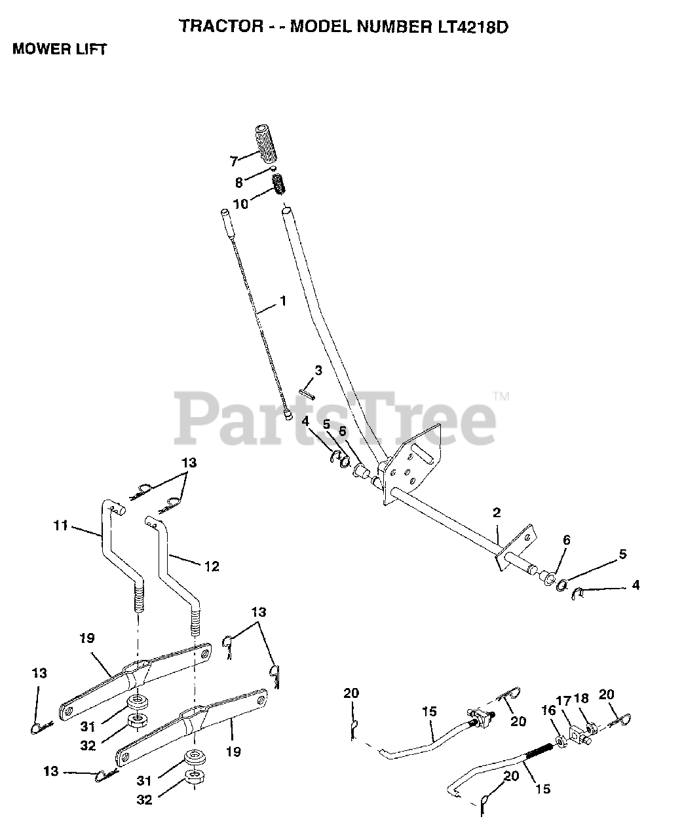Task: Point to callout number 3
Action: pos(318,371)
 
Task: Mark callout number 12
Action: pos(212,566)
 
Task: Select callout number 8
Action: pos(238,184)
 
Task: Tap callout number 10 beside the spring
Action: pos(240,204)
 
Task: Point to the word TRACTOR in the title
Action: pos(210,27)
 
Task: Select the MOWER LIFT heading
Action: pos(59,49)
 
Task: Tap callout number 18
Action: pos(582,699)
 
